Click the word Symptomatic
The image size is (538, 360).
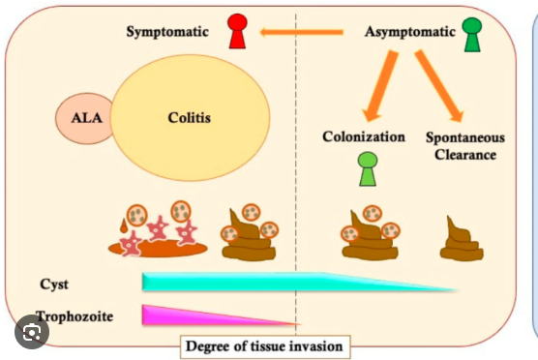[168, 33]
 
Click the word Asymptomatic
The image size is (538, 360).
[409, 32]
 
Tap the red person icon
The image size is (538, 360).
[237, 31]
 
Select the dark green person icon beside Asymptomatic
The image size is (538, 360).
[472, 34]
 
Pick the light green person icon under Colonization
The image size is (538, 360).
[367, 168]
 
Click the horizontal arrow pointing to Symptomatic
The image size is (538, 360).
[300, 33]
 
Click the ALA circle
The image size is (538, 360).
[85, 121]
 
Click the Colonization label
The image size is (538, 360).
[363, 136]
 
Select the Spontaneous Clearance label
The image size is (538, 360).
[464, 145]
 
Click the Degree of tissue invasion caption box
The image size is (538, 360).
[262, 345]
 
